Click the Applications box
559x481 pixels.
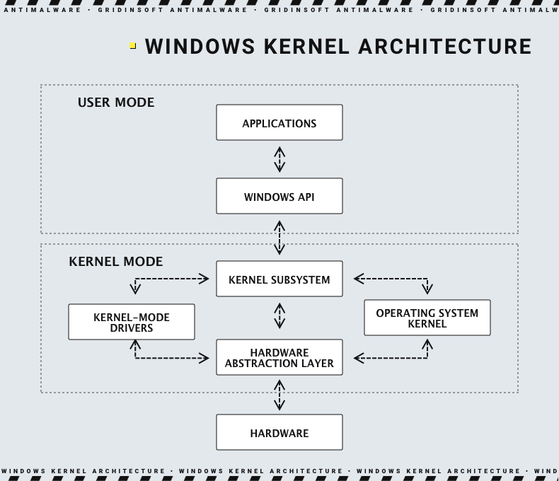tap(279, 123)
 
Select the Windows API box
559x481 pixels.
tap(279, 197)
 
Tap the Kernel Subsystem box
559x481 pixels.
tap(279, 279)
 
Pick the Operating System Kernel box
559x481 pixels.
tap(427, 318)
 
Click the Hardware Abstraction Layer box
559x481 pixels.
tap(279, 358)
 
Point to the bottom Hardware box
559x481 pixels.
tap(279, 433)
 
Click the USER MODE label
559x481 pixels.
tap(115, 103)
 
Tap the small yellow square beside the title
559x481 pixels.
tap(133, 46)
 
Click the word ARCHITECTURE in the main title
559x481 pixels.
tap(444, 47)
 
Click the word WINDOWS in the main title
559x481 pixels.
tap(200, 47)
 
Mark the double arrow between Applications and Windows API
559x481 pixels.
tap(279, 159)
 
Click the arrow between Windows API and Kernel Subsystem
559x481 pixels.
tap(279, 238)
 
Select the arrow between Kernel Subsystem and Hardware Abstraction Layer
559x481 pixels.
tap(279, 316)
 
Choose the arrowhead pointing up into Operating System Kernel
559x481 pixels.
tap(427, 344)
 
